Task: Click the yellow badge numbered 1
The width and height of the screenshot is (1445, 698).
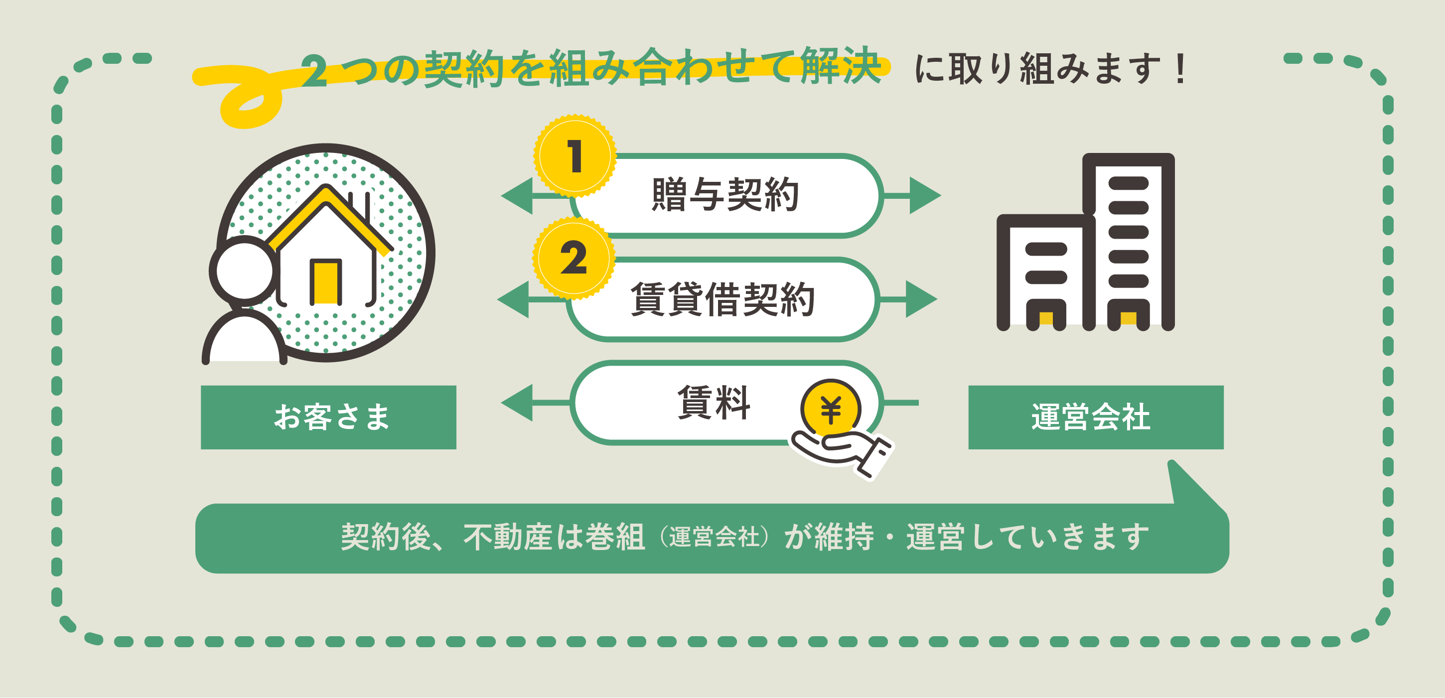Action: click(575, 156)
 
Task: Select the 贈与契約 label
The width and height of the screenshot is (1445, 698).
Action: click(725, 195)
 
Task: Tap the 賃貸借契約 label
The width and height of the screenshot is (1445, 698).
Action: click(722, 299)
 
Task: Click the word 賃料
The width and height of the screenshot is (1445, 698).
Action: click(714, 402)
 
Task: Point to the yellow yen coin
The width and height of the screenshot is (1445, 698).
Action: click(831, 409)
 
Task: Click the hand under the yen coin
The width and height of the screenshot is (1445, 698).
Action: click(842, 452)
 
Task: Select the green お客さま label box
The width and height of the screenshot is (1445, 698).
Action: click(329, 417)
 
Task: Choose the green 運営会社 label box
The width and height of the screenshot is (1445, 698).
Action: click(1096, 417)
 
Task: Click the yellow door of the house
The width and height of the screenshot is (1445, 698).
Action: click(326, 281)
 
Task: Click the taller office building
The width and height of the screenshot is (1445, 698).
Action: click(1129, 241)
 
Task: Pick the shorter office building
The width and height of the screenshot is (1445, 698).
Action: click(1045, 272)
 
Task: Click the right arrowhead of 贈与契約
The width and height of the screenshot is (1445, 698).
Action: click(924, 195)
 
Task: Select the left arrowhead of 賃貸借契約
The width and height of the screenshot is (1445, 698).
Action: click(514, 299)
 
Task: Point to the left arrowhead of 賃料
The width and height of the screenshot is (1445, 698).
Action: click(518, 402)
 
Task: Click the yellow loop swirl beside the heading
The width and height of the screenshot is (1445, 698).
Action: click(247, 104)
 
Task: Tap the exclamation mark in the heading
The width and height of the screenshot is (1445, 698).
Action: click(1181, 69)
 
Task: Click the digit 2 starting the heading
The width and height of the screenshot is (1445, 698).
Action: click(314, 71)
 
